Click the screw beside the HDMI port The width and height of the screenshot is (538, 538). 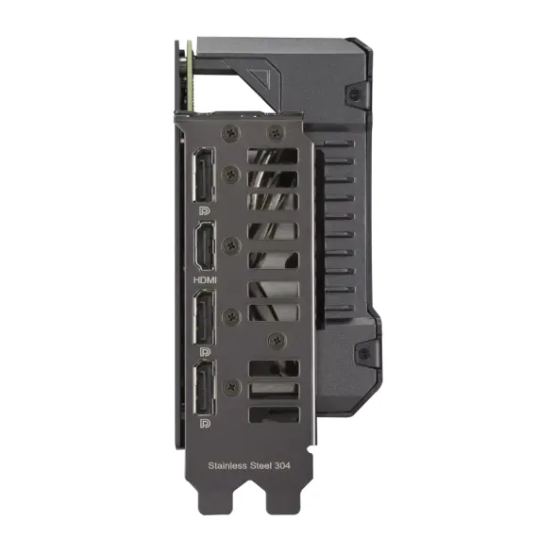pyautogui.click(x=230, y=244)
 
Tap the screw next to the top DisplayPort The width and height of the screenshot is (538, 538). pyautogui.click(x=230, y=173)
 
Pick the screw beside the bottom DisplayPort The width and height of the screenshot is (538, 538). pyautogui.click(x=230, y=385)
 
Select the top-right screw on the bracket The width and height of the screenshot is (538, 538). pyautogui.click(x=275, y=133)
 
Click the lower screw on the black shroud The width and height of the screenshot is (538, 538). pyautogui.click(x=361, y=352)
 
